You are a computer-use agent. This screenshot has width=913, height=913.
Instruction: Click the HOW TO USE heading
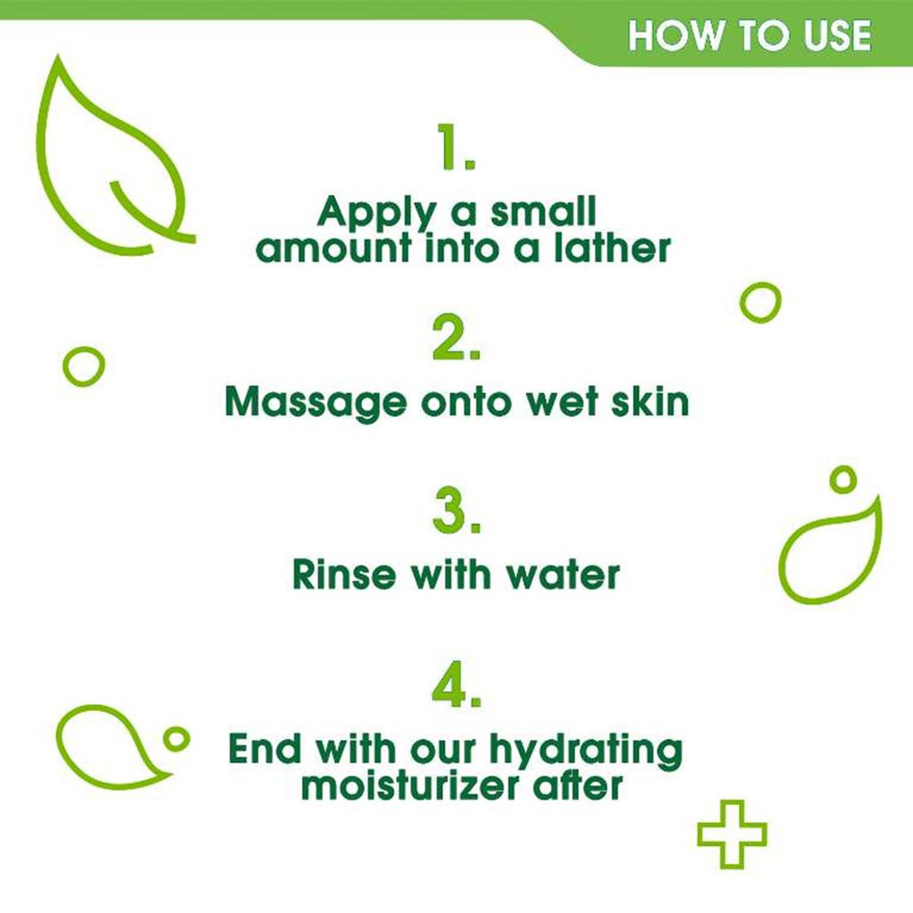click(x=749, y=36)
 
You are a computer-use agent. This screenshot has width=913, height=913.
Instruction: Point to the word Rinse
click(x=344, y=575)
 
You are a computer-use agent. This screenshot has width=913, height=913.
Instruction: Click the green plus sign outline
click(x=731, y=833)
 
